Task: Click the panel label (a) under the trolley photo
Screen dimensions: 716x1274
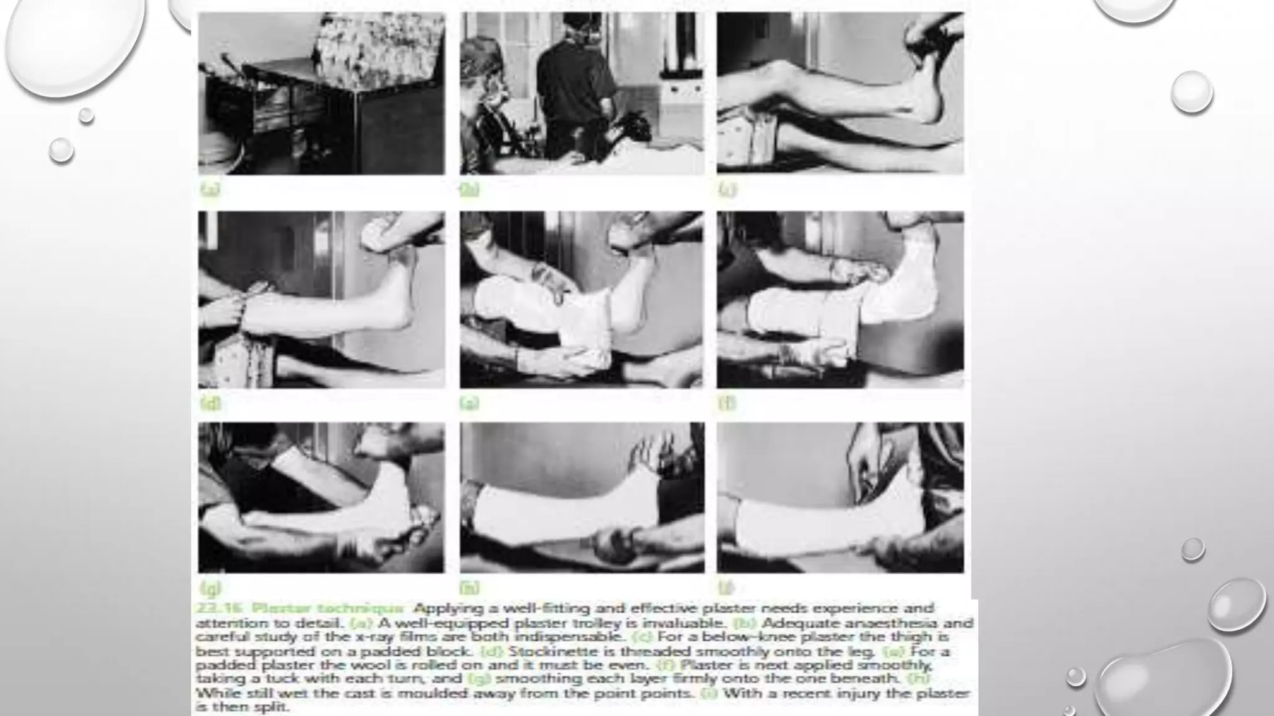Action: (210, 190)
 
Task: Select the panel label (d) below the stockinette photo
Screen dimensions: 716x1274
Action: (210, 403)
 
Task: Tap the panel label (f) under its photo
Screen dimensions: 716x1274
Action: (727, 403)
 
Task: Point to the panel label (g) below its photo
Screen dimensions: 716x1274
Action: (211, 587)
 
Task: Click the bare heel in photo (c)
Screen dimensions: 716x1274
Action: (930, 112)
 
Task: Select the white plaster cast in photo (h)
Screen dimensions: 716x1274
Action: (560, 510)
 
